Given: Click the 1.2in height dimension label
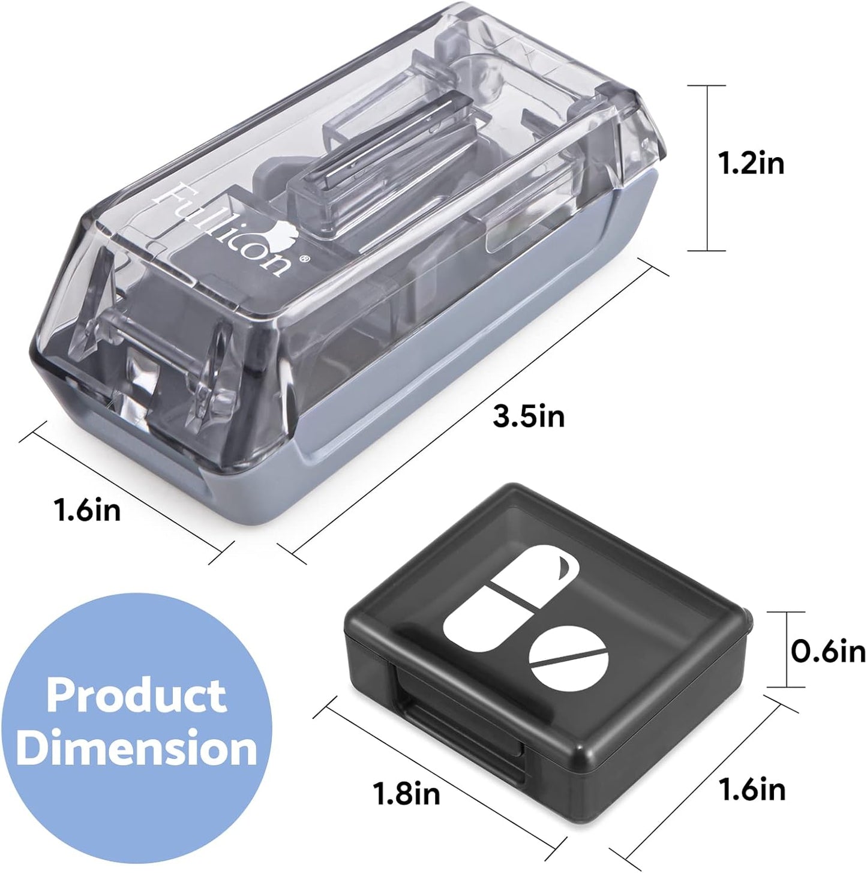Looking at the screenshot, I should [752, 163].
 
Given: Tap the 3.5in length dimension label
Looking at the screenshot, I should [529, 415].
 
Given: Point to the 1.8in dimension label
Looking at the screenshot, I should [407, 793].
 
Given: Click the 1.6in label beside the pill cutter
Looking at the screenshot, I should [88, 510].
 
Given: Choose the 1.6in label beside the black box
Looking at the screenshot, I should [752, 788].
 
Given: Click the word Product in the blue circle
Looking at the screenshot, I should [137, 695].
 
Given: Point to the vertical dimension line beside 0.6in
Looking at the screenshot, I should [787, 649].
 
